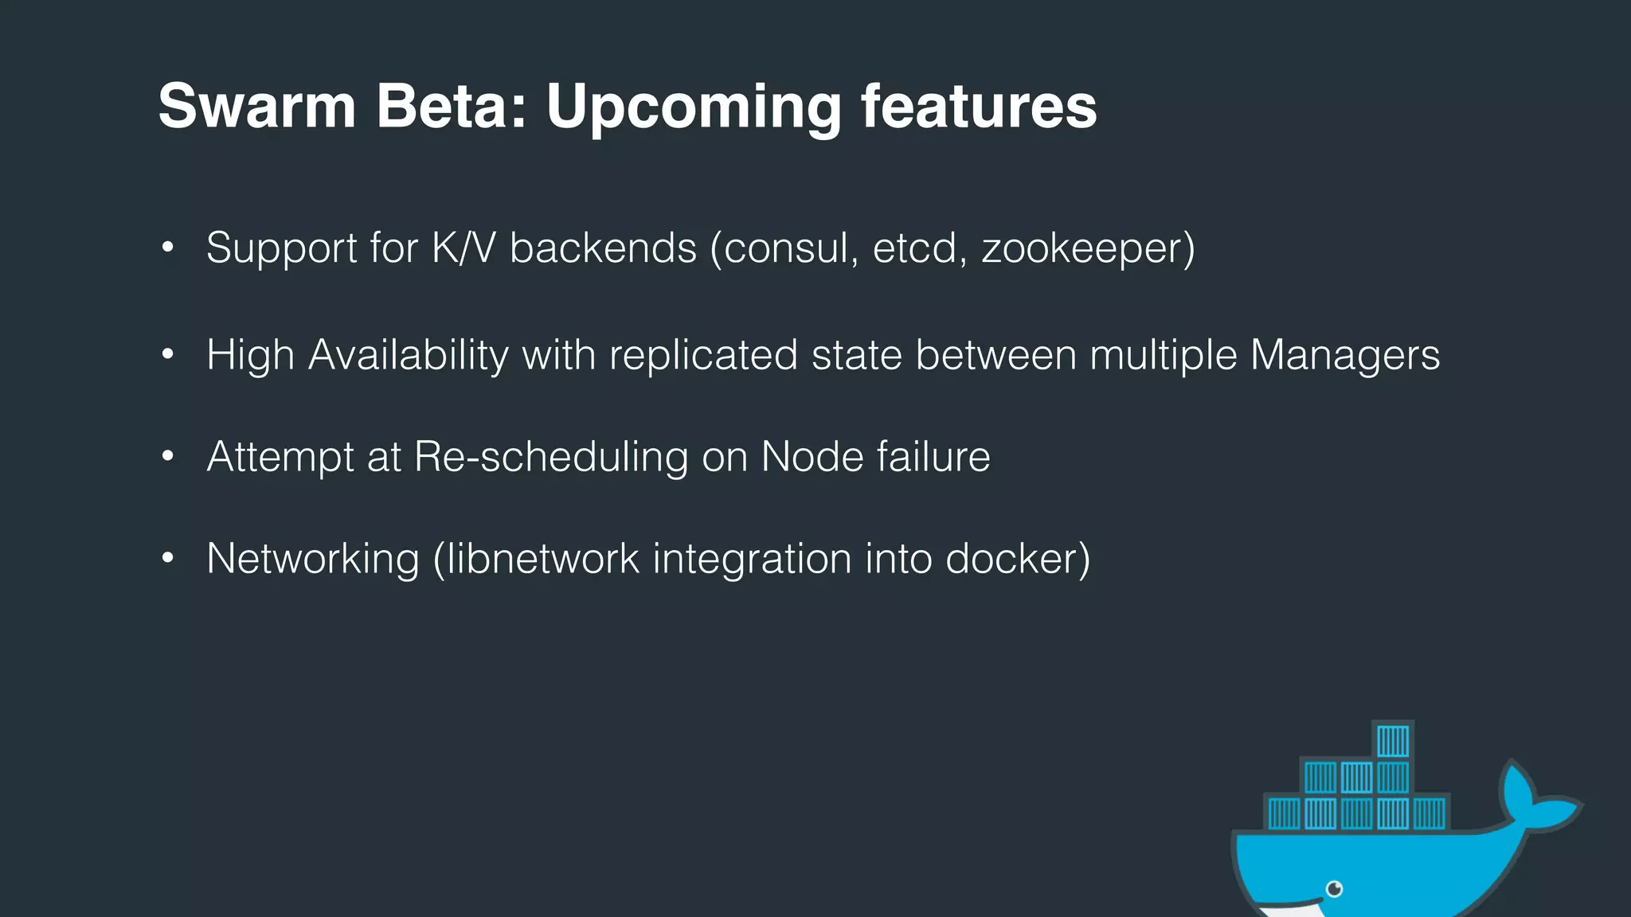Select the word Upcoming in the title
click(x=693, y=107)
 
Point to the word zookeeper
click(x=1083, y=248)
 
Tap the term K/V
click(x=463, y=248)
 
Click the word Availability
click(x=408, y=355)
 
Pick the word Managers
click(x=1344, y=355)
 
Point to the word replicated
click(x=703, y=355)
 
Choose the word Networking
click(x=312, y=559)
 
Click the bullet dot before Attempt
click(x=167, y=457)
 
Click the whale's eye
click(x=1335, y=888)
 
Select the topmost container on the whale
click(x=1393, y=741)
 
